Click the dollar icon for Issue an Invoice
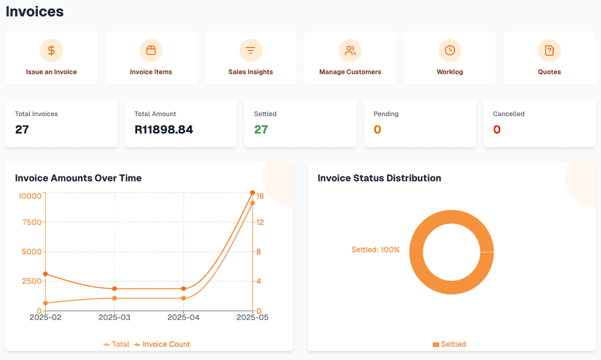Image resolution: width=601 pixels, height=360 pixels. click(x=51, y=50)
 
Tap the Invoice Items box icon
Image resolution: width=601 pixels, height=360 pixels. click(x=151, y=50)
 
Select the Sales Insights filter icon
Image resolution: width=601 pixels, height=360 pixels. click(x=250, y=50)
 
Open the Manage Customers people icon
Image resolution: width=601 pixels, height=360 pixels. click(x=350, y=50)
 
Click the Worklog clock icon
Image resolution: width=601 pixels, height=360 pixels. click(x=450, y=50)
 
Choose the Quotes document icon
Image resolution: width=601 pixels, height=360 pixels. click(x=549, y=50)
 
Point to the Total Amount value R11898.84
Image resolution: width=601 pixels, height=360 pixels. click(x=164, y=130)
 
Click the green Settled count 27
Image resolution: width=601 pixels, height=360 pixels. click(x=261, y=130)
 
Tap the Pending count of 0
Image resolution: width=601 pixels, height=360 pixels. click(x=377, y=130)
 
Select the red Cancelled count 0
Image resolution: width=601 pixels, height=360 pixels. click(x=496, y=130)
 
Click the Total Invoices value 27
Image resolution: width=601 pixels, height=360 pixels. click(x=22, y=130)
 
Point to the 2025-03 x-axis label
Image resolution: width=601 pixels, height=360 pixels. click(x=114, y=318)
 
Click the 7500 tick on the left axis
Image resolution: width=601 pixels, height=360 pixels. click(x=31, y=223)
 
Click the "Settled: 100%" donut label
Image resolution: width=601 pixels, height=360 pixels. click(x=375, y=250)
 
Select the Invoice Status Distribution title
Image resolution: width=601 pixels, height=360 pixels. click(x=379, y=178)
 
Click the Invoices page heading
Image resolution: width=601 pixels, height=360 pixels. click(x=35, y=12)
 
